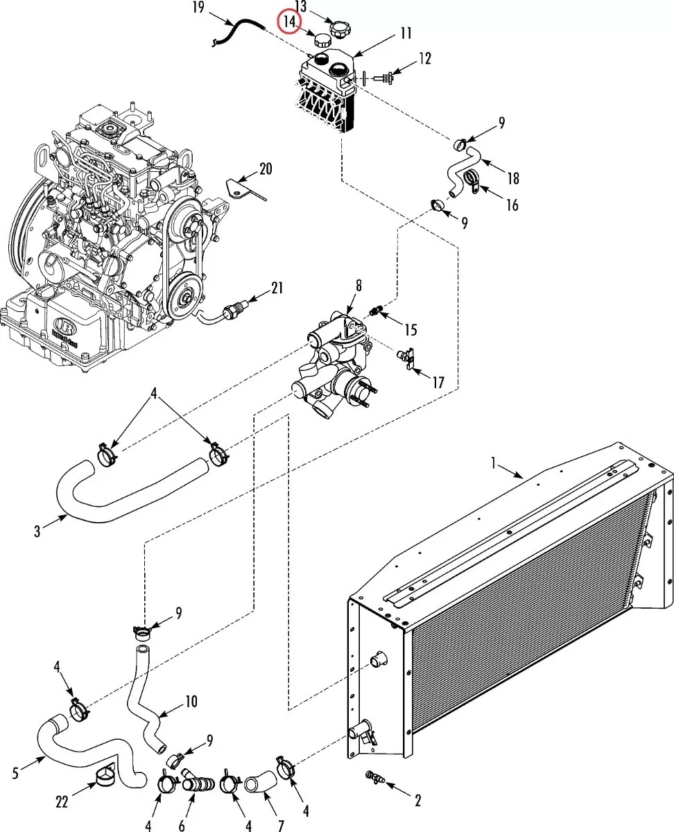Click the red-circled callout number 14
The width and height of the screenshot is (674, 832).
290,21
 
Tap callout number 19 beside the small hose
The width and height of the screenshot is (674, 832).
198,7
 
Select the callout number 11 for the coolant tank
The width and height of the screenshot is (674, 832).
406,33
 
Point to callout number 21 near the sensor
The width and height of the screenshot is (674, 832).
277,288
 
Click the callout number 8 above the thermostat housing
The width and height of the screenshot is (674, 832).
358,286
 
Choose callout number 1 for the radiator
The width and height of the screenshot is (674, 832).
494,463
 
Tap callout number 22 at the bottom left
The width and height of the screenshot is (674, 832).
62,802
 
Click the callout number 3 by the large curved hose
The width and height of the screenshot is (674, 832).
37,531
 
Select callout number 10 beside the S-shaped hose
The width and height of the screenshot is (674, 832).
191,702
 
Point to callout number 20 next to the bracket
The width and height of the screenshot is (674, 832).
266,169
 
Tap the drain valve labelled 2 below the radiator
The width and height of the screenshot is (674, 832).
375,777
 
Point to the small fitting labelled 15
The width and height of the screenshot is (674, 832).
376,311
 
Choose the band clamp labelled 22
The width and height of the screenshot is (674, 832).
105,777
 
